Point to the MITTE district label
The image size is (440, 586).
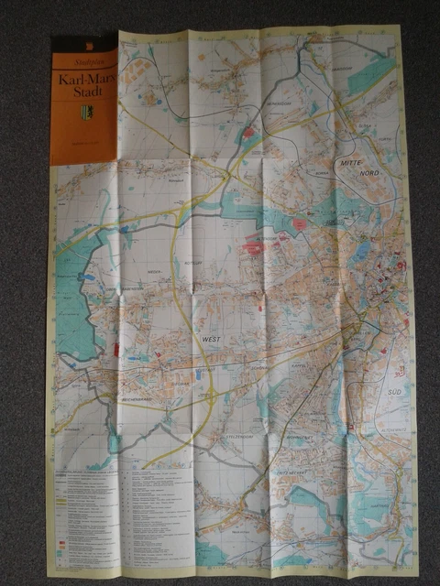tap(352, 162)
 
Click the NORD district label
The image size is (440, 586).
tap(368, 172)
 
